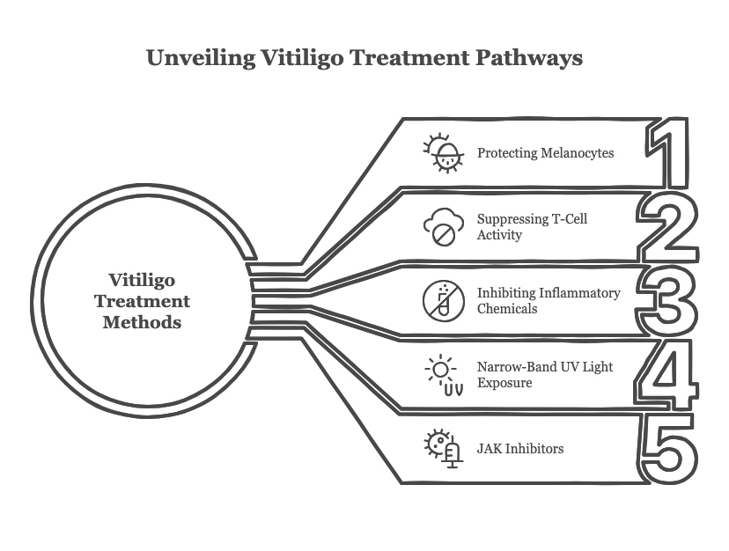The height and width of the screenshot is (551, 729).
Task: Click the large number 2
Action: tap(667, 226)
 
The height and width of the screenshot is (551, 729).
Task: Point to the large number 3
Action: tap(669, 301)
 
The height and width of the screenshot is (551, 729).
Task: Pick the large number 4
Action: tap(668, 375)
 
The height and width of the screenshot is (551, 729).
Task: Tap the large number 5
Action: tap(669, 449)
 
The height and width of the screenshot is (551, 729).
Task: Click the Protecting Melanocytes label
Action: tap(545, 153)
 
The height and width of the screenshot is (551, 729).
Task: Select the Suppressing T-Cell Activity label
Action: tap(532, 227)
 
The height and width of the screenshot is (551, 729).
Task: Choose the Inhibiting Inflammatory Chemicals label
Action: tap(548, 301)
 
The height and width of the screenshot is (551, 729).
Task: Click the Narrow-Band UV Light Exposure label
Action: tap(544, 375)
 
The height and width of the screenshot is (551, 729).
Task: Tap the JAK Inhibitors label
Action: tap(519, 449)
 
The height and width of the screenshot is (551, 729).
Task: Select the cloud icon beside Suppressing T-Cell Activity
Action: tap(442, 227)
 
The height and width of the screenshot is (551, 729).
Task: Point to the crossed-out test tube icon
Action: tap(442, 301)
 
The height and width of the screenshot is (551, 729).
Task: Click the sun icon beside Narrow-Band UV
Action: tap(442, 374)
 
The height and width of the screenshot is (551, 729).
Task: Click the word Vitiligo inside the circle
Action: tap(142, 281)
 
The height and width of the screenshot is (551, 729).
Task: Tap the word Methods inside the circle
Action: tap(142, 322)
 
